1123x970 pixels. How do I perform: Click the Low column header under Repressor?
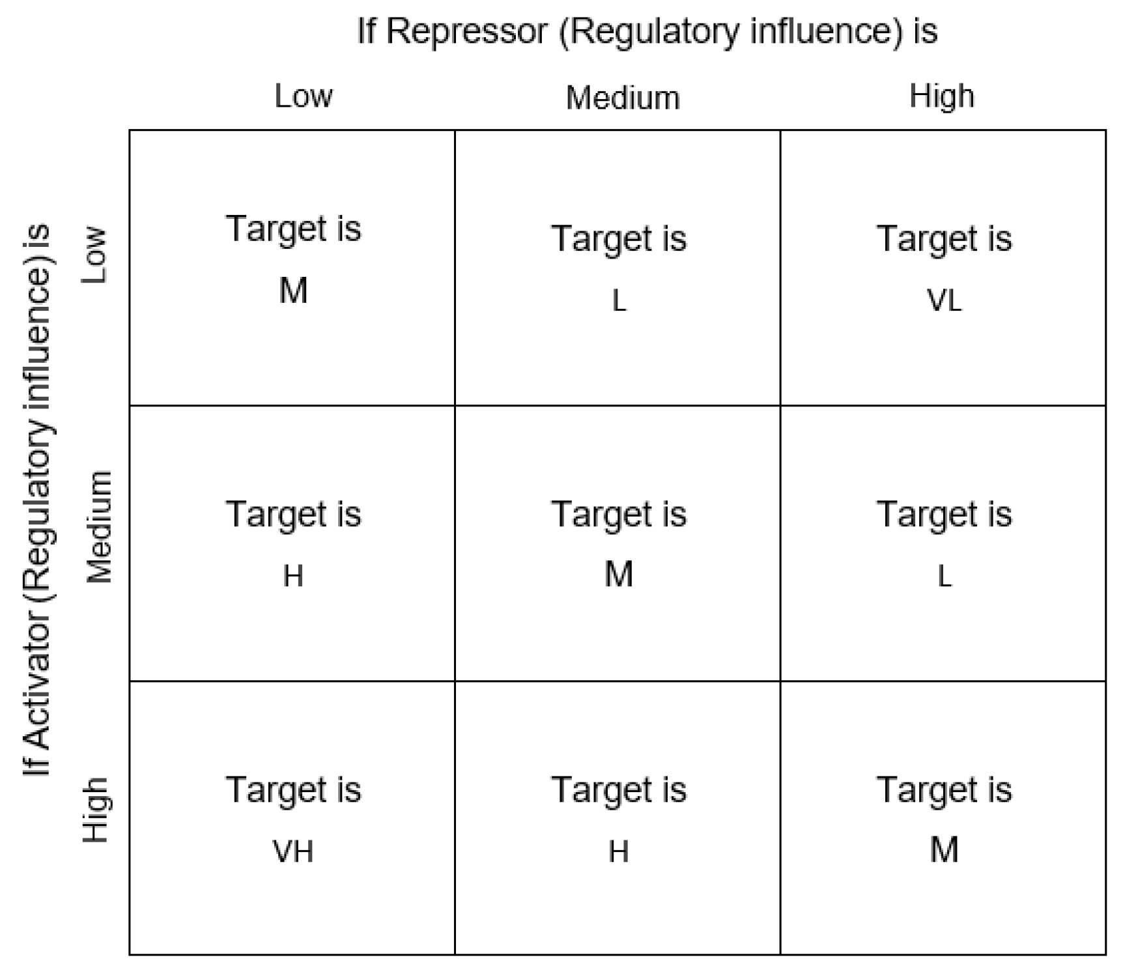point(303,96)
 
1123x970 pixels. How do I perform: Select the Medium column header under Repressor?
point(623,98)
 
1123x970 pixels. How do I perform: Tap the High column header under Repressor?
point(941,96)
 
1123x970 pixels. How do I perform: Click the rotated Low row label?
point(94,255)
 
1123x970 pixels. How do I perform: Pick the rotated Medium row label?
point(99,526)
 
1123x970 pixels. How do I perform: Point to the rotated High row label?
point(95,810)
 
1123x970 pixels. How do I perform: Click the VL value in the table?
point(944,300)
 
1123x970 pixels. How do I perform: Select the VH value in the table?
point(293,851)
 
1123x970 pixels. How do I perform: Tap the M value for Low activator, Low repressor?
point(293,290)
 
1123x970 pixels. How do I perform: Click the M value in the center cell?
point(618,574)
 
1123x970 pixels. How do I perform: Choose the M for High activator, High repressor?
point(944,849)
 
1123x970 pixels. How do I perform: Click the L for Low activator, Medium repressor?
point(619,301)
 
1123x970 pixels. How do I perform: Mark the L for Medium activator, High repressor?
point(944,577)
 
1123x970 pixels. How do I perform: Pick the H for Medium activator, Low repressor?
point(293,576)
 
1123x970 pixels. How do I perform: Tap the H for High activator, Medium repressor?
point(618,851)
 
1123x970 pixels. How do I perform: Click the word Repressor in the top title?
point(466,31)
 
